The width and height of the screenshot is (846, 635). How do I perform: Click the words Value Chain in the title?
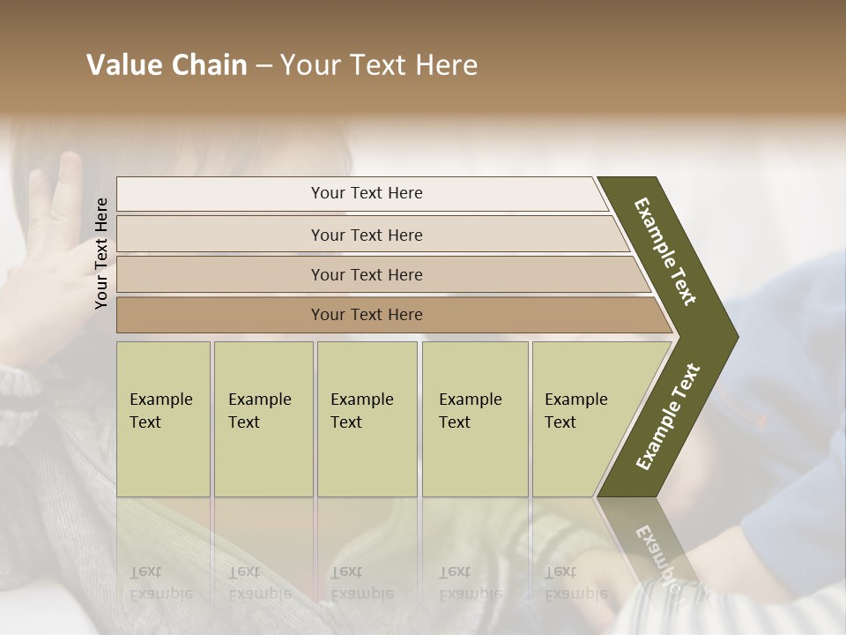167,65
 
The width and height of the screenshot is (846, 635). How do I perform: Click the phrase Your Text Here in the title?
379,65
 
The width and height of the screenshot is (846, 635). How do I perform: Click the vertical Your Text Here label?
102,253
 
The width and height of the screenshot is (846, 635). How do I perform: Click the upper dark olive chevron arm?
666,250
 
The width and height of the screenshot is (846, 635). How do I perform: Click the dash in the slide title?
263,65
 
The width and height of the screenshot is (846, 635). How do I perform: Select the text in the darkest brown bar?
367,315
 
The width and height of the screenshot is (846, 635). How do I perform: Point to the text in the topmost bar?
367,193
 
